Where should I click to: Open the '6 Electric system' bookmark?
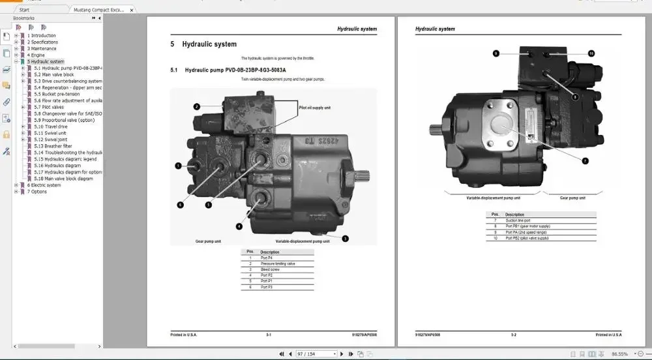coord(44,185)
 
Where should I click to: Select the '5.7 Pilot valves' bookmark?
coord(49,107)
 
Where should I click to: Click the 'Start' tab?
coord(24,10)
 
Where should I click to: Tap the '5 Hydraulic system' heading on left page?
coord(203,44)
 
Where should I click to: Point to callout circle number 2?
coord(196,106)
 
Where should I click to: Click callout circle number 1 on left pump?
coord(178,166)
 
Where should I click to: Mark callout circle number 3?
coord(345,239)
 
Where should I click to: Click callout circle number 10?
coord(591,53)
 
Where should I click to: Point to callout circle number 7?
coord(585,160)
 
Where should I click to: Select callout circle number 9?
coord(496,53)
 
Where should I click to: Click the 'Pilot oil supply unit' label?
coord(314,108)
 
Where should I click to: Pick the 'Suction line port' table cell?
coord(519,220)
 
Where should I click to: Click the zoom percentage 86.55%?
coord(620,354)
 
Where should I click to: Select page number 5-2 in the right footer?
coord(513,335)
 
